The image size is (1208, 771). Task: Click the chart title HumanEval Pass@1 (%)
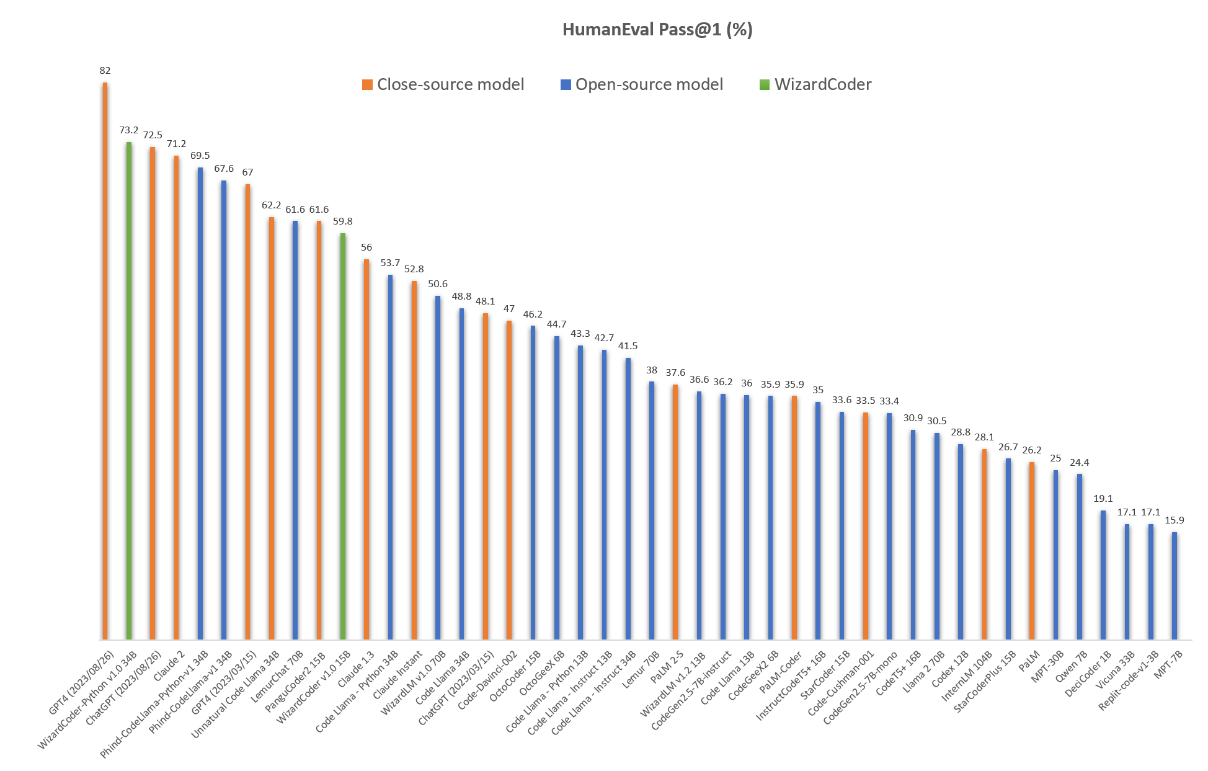(657, 30)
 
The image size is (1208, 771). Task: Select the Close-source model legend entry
(443, 84)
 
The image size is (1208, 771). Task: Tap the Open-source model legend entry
(641, 84)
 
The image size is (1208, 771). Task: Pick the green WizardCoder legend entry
(815, 84)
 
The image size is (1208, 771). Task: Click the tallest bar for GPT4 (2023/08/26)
(105, 360)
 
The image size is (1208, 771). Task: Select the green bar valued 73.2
(129, 391)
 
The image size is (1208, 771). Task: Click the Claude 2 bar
(176, 397)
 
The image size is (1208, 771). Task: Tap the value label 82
(105, 71)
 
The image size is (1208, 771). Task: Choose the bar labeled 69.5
(200, 403)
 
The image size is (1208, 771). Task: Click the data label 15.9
(1175, 520)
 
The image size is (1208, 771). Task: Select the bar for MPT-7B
(1175, 586)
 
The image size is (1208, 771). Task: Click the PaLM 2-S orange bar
(675, 512)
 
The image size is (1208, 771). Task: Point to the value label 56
(366, 247)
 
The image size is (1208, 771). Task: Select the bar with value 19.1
(1103, 574)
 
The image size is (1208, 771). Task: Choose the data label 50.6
(438, 284)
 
